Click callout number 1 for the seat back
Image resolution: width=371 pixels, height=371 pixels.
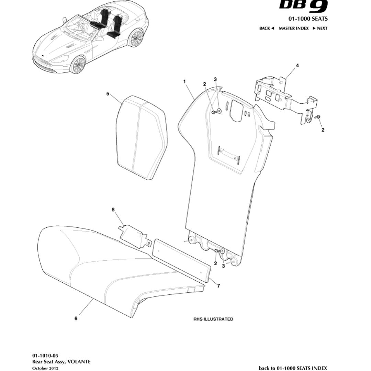[184, 81]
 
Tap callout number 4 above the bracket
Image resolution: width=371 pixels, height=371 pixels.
[297, 65]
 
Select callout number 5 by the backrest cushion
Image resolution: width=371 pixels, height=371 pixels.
[108, 93]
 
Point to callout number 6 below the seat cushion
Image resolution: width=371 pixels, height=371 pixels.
[76, 318]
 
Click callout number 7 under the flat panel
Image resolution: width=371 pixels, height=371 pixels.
[219, 286]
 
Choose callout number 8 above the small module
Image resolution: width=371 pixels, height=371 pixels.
[113, 209]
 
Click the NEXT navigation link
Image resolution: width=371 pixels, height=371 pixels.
[320, 28]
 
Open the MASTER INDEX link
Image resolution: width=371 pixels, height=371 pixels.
[293, 28]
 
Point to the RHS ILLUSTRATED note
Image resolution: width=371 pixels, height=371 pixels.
[213, 319]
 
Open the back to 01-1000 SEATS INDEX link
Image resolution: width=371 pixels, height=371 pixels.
[293, 368]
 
